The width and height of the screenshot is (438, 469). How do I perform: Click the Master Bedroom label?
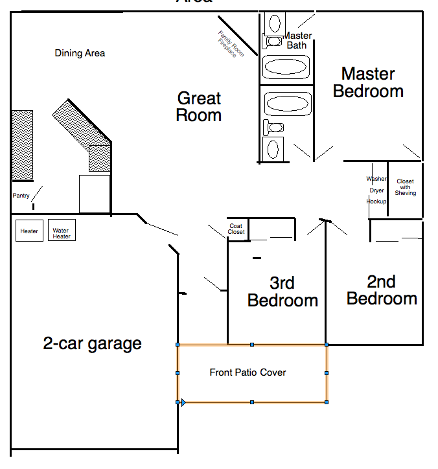pyautogui.click(x=368, y=83)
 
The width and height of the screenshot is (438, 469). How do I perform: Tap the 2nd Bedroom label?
pyautogui.click(x=382, y=290)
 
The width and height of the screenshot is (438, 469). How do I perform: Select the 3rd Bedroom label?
pyautogui.click(x=282, y=292)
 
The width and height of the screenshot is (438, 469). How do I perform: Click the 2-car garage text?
pyautogui.click(x=92, y=343)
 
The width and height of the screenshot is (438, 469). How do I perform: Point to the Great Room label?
pyautogui.click(x=199, y=108)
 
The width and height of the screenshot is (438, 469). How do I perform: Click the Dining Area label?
pyautogui.click(x=80, y=53)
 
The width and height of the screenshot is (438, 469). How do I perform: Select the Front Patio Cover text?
pyautogui.click(x=248, y=372)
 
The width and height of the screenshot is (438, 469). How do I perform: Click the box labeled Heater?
pyautogui.click(x=29, y=231)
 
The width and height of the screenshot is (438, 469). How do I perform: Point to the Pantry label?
pyautogui.click(x=21, y=195)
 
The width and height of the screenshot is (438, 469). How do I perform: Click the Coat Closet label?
pyautogui.click(x=236, y=229)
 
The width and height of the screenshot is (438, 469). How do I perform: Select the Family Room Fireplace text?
pyautogui.click(x=231, y=44)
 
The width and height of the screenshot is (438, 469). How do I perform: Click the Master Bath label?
pyautogui.click(x=297, y=40)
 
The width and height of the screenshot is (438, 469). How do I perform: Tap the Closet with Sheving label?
pyautogui.click(x=406, y=187)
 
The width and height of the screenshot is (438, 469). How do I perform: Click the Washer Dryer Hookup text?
pyautogui.click(x=376, y=190)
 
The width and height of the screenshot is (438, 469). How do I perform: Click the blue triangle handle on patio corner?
pyautogui.click(x=183, y=403)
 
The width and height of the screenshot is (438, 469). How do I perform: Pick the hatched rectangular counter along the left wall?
pyautogui.click(x=22, y=145)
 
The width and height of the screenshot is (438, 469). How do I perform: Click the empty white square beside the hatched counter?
pyautogui.click(x=94, y=193)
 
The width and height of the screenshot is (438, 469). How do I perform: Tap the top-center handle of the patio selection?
pyautogui.click(x=252, y=345)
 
